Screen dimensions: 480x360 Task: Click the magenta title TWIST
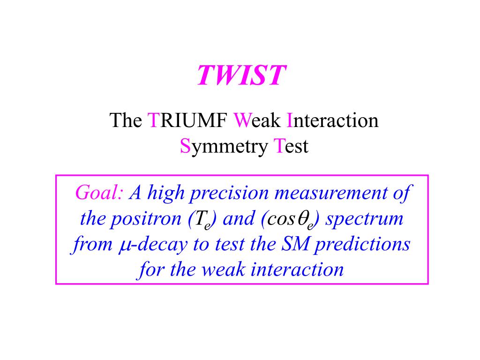point(241,75)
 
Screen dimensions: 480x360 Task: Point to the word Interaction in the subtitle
point(332,120)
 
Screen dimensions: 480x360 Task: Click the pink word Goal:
point(99,193)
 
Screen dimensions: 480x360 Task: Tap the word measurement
point(330,193)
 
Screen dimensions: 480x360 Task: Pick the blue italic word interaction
point(297,270)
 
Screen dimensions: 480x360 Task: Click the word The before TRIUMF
point(126,120)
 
